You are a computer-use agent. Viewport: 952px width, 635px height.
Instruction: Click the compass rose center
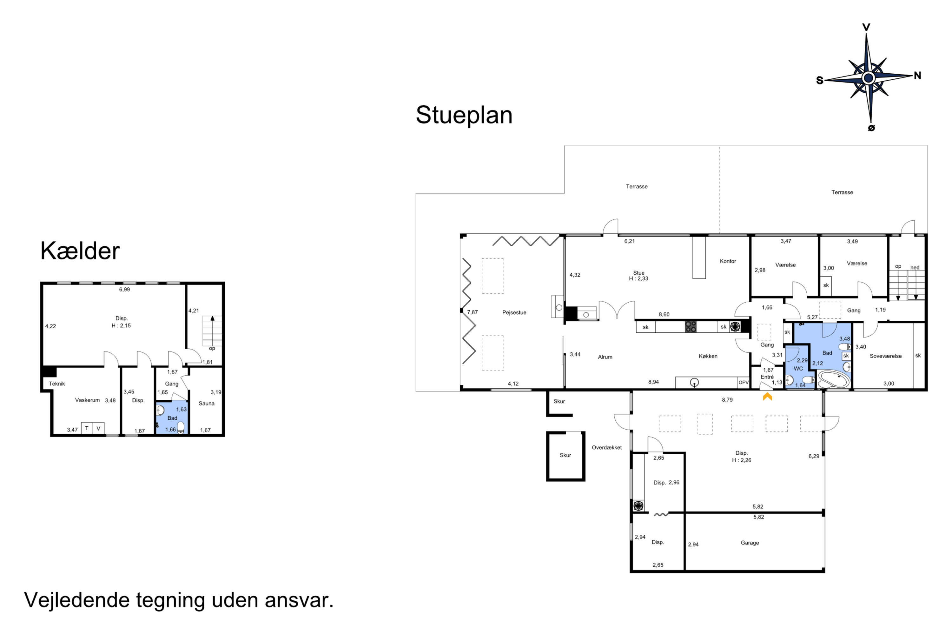(868, 77)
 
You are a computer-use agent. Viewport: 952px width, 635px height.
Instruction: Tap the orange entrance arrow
(767, 397)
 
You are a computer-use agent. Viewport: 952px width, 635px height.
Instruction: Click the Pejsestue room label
(514, 313)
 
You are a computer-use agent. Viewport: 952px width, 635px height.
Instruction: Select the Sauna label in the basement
(207, 403)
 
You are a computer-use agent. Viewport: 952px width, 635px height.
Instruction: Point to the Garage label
(750, 543)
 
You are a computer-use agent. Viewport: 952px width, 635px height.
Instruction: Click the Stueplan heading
(464, 115)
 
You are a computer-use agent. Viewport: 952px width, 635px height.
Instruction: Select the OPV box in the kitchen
(744, 382)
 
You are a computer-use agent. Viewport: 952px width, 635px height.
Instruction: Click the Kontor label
(728, 261)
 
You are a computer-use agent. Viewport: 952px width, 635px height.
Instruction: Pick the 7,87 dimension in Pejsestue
(473, 312)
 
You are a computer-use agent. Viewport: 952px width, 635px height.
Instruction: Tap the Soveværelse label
(886, 356)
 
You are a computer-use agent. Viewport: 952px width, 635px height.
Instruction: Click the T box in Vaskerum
(87, 428)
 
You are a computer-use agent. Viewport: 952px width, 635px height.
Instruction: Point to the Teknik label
(57, 384)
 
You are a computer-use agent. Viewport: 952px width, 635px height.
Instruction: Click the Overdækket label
(607, 447)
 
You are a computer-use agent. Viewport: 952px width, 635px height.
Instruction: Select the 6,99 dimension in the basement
(124, 290)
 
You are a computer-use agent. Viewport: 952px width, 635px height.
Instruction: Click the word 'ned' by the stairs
(915, 267)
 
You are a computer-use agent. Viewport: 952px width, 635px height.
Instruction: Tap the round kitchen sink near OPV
(694, 382)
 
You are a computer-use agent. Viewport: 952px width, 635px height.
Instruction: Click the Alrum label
(605, 357)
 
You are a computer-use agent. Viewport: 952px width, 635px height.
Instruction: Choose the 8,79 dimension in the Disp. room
(727, 400)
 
